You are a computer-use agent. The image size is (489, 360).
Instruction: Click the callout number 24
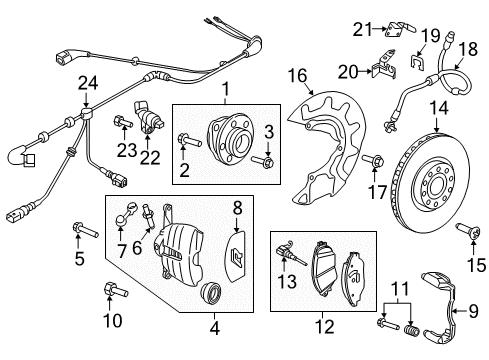coord(88,83)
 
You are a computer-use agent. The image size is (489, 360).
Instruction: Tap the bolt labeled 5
coord(85,230)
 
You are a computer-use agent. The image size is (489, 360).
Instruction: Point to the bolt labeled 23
coord(123,121)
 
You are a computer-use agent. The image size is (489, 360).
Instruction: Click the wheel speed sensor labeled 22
coord(147,117)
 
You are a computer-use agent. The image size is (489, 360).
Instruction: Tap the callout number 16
coord(297,75)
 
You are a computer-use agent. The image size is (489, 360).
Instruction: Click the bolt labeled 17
coord(373,160)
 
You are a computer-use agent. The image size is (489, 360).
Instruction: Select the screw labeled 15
coord(468,231)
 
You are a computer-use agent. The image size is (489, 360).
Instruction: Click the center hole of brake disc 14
coord(435,187)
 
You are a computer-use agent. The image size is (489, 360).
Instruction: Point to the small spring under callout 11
coord(410,330)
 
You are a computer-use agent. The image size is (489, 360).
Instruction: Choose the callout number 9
coord(473,311)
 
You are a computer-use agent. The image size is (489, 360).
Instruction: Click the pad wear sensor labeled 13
coord(291,253)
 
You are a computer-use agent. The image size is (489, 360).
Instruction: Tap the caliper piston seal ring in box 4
coord(210,292)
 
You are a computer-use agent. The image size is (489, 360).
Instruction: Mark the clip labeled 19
coord(416,62)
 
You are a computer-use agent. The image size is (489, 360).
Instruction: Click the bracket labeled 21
coord(400,29)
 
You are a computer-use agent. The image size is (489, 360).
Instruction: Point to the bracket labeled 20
coord(384,65)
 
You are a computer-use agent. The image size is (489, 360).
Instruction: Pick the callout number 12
coord(324,327)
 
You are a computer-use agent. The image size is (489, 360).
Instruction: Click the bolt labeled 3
coord(262,161)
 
